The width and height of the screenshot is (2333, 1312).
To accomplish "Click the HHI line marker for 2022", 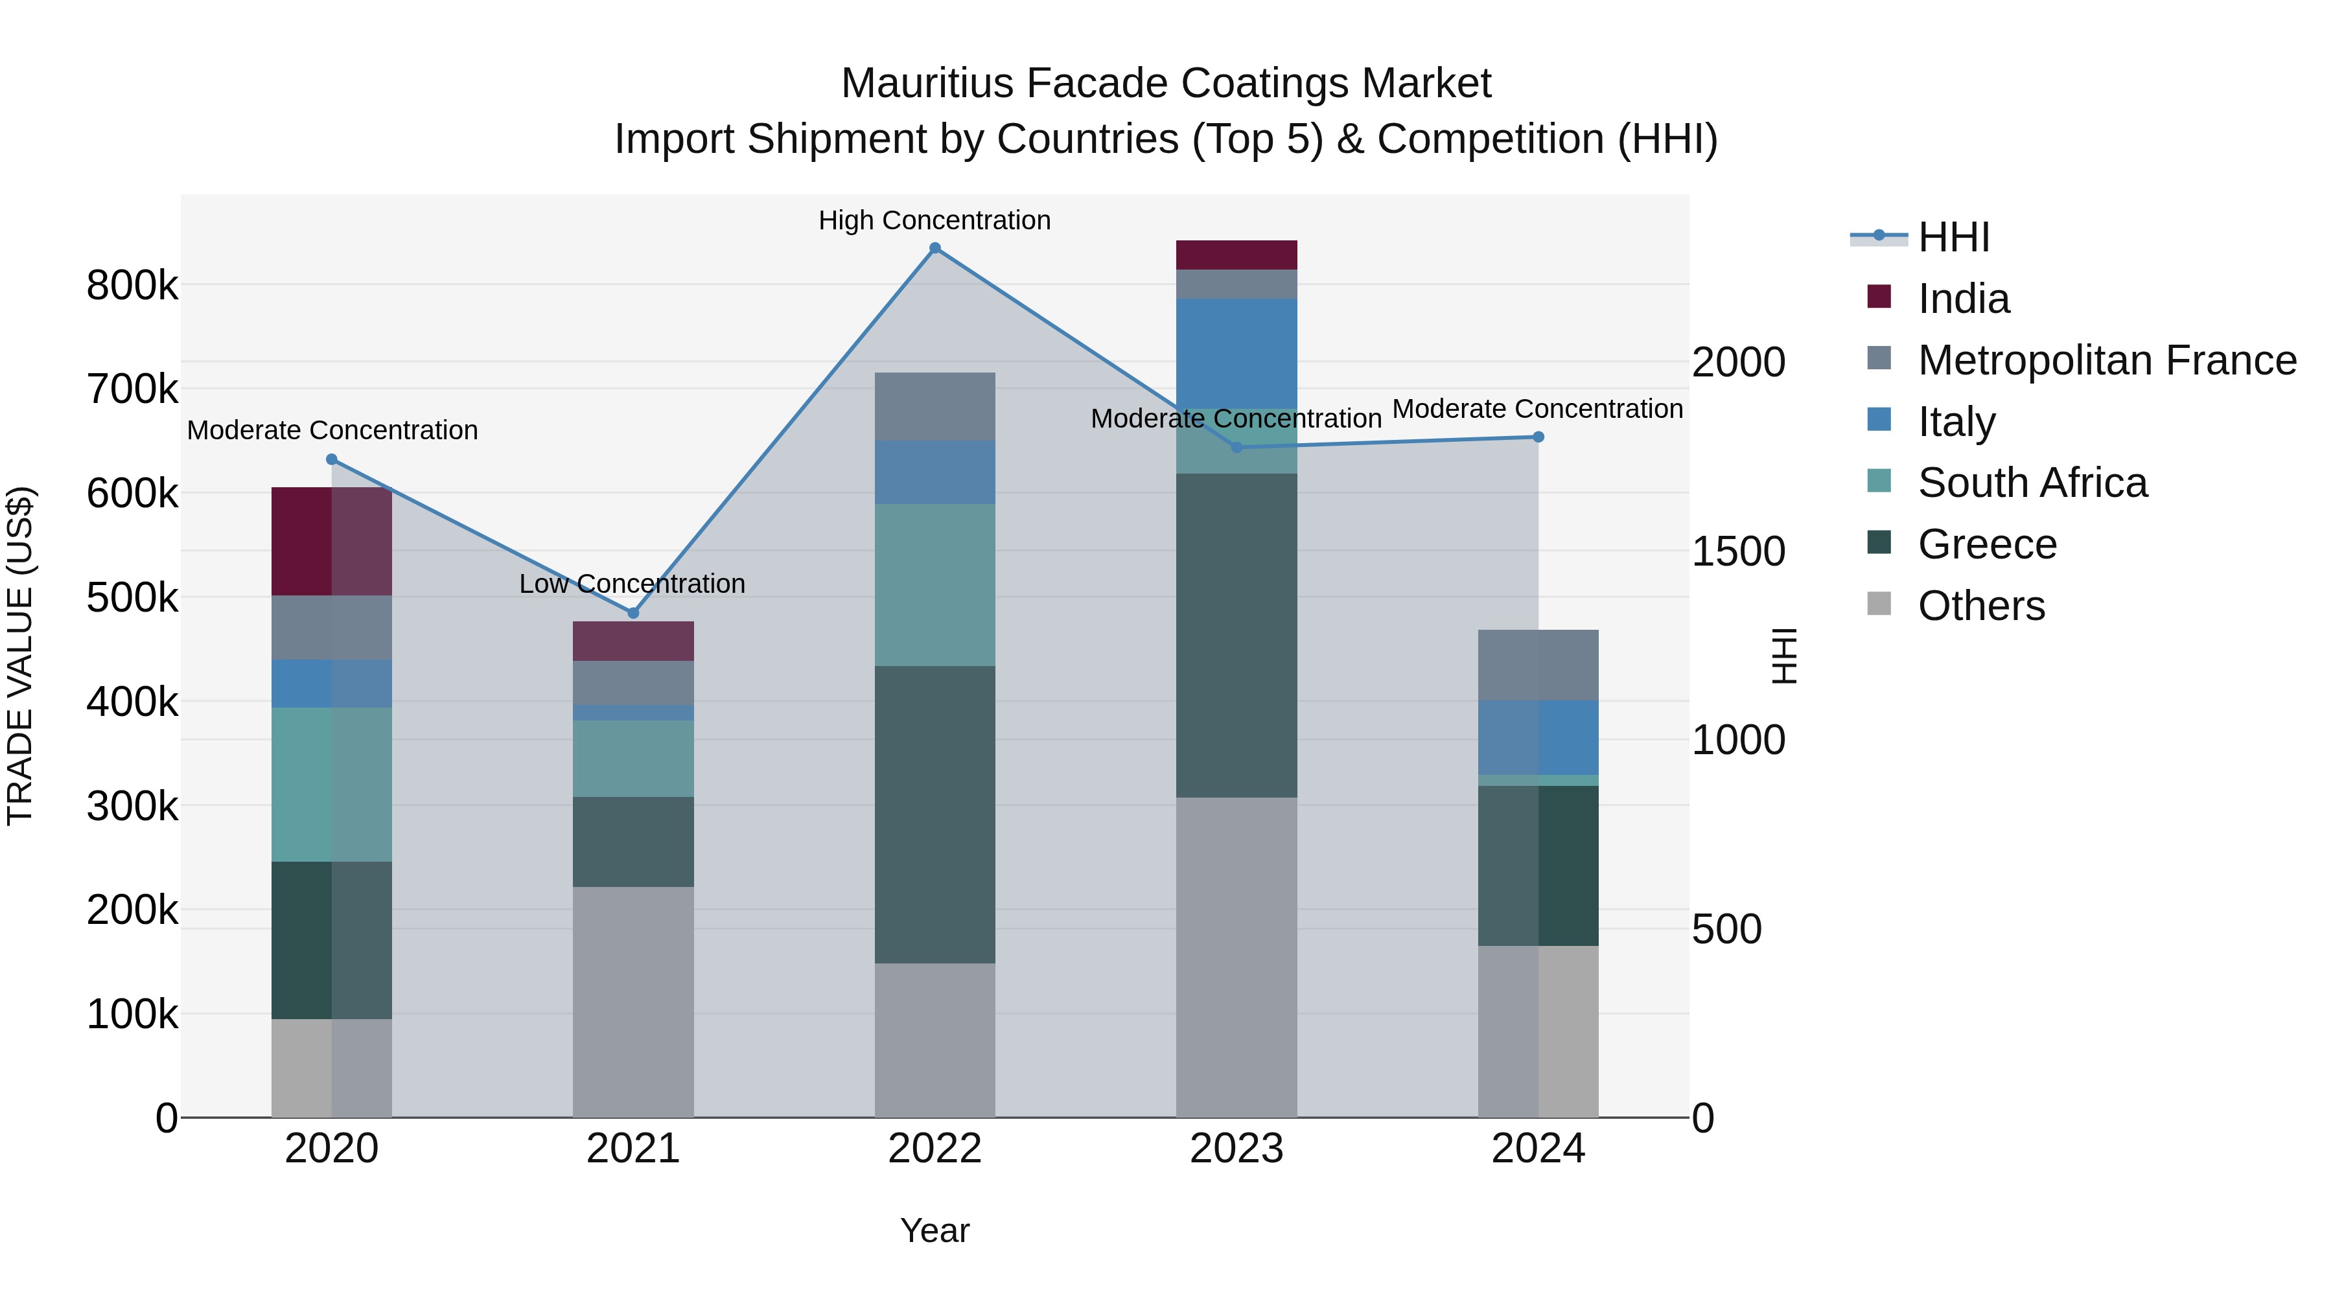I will (934, 248).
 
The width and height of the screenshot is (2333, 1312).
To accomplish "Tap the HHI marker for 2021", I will (633, 613).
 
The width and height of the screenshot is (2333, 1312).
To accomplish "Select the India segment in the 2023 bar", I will (1236, 255).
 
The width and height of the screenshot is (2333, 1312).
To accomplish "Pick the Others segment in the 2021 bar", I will (633, 1002).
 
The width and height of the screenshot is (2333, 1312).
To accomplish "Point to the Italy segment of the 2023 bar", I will (1236, 354).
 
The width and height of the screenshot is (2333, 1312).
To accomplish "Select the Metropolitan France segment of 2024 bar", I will (1538, 665).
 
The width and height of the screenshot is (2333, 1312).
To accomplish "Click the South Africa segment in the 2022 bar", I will (934, 585).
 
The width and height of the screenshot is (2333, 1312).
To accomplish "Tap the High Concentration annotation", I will (934, 221).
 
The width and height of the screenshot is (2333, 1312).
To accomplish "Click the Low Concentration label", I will (632, 584).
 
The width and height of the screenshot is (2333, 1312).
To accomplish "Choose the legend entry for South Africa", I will (2032, 483).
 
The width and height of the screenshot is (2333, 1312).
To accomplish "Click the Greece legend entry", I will (1986, 544).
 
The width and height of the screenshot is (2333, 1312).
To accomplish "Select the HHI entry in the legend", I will (1953, 237).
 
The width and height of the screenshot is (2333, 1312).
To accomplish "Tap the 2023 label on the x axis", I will (1236, 1149).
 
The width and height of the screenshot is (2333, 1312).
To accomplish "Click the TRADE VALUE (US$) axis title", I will (20, 656).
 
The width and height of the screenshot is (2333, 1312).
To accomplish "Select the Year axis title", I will (934, 1230).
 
